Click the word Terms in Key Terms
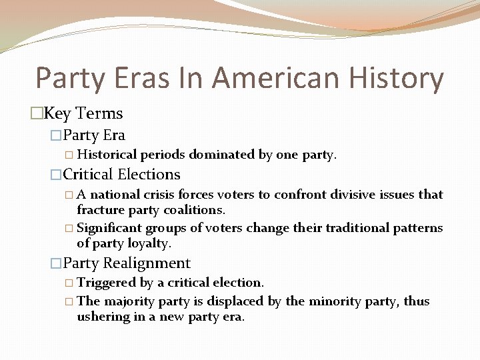click(99, 113)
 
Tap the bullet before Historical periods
click(70, 155)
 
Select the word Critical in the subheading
click(88, 175)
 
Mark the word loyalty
click(147, 243)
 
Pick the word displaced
click(237, 301)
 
